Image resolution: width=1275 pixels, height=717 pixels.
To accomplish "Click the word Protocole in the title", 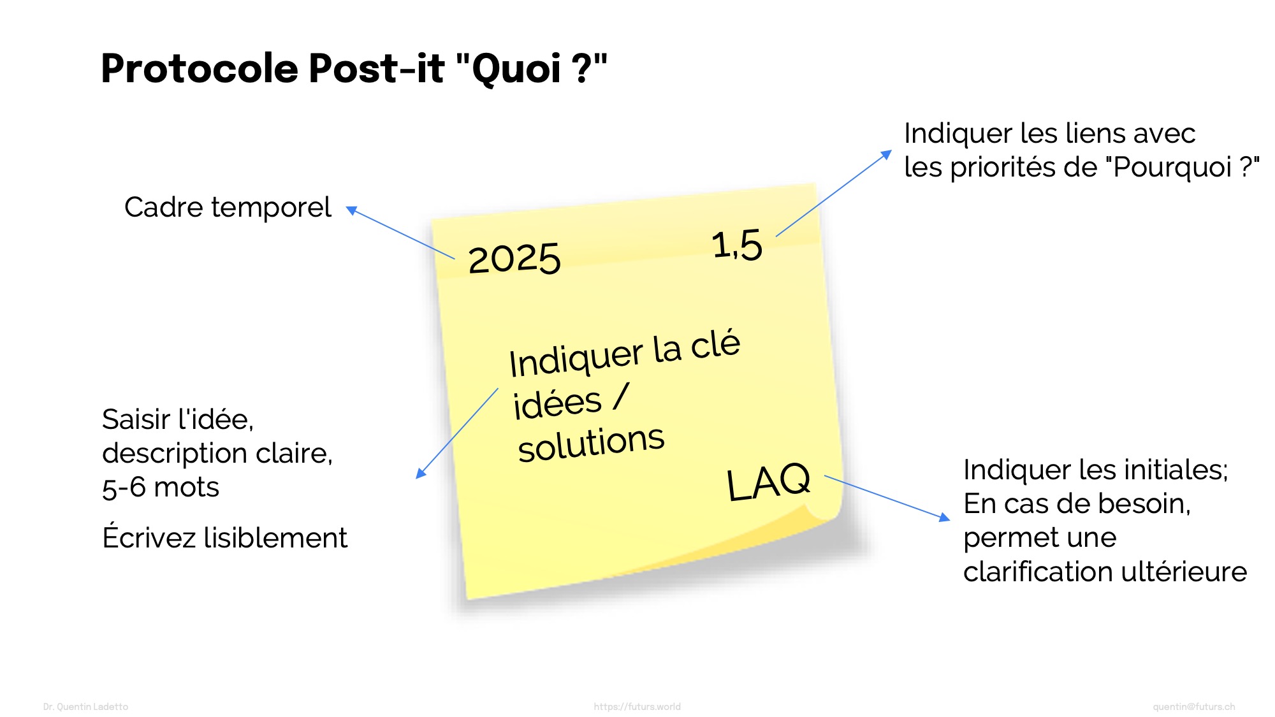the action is click(200, 68).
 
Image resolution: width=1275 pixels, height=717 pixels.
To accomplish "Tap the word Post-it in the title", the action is click(377, 68).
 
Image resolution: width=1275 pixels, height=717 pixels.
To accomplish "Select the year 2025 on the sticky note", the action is click(514, 259).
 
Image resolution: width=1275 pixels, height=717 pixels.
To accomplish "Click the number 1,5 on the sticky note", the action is click(737, 245).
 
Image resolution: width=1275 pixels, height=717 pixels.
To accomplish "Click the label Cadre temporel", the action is click(228, 207).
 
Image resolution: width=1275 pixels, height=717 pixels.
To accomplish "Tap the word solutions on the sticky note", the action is click(591, 443).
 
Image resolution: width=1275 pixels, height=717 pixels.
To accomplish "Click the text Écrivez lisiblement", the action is click(224, 537).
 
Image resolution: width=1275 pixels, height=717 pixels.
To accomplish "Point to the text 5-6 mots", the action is click(161, 488).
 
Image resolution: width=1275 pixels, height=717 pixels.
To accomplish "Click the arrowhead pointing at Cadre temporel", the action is click(351, 210).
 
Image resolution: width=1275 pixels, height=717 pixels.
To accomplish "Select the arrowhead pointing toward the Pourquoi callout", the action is click(886, 154).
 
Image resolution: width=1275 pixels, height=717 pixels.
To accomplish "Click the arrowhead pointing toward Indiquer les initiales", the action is click(945, 518).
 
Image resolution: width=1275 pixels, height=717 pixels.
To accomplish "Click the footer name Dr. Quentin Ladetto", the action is click(85, 707).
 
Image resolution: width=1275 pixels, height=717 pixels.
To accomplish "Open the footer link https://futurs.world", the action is click(637, 707).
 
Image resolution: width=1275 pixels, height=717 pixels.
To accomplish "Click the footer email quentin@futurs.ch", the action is click(1193, 707).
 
